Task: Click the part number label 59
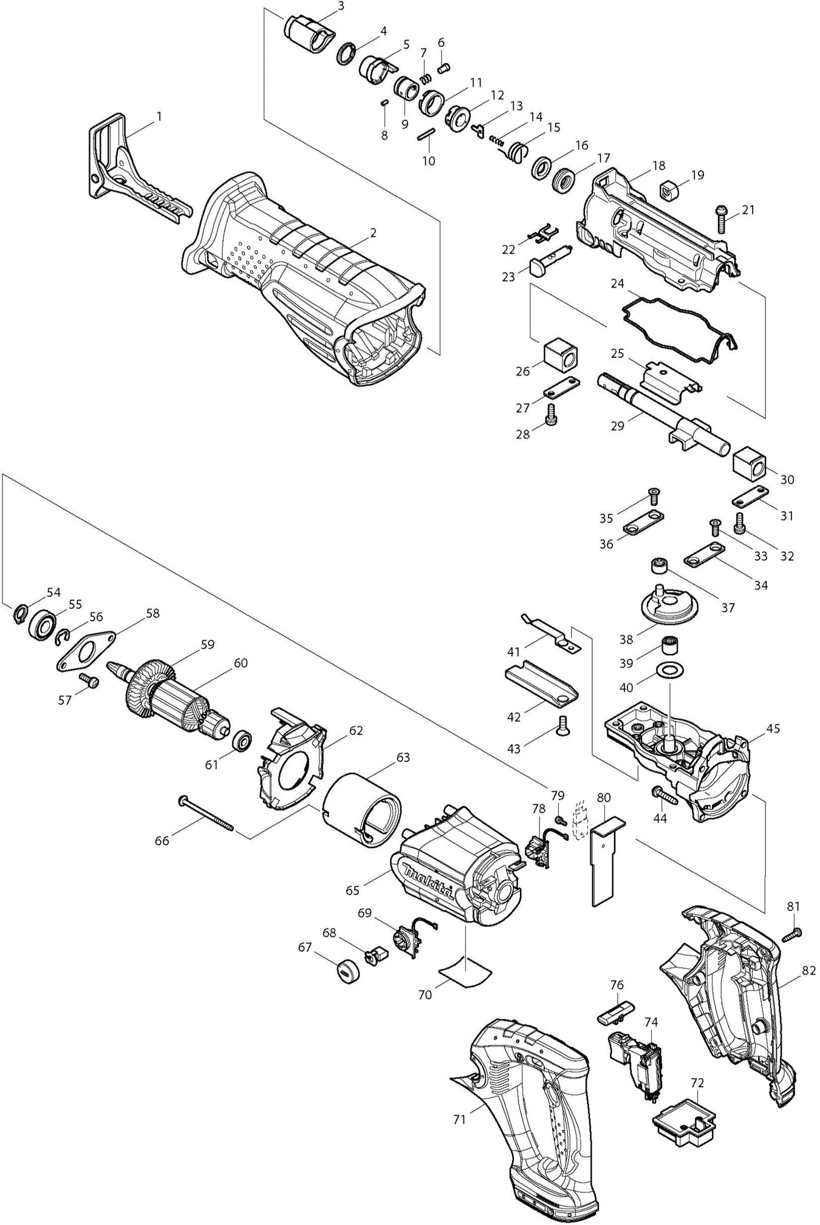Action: (208, 645)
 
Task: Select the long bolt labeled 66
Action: (206, 812)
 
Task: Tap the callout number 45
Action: (773, 728)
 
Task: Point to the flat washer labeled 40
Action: (669, 671)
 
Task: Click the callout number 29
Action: (617, 426)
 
